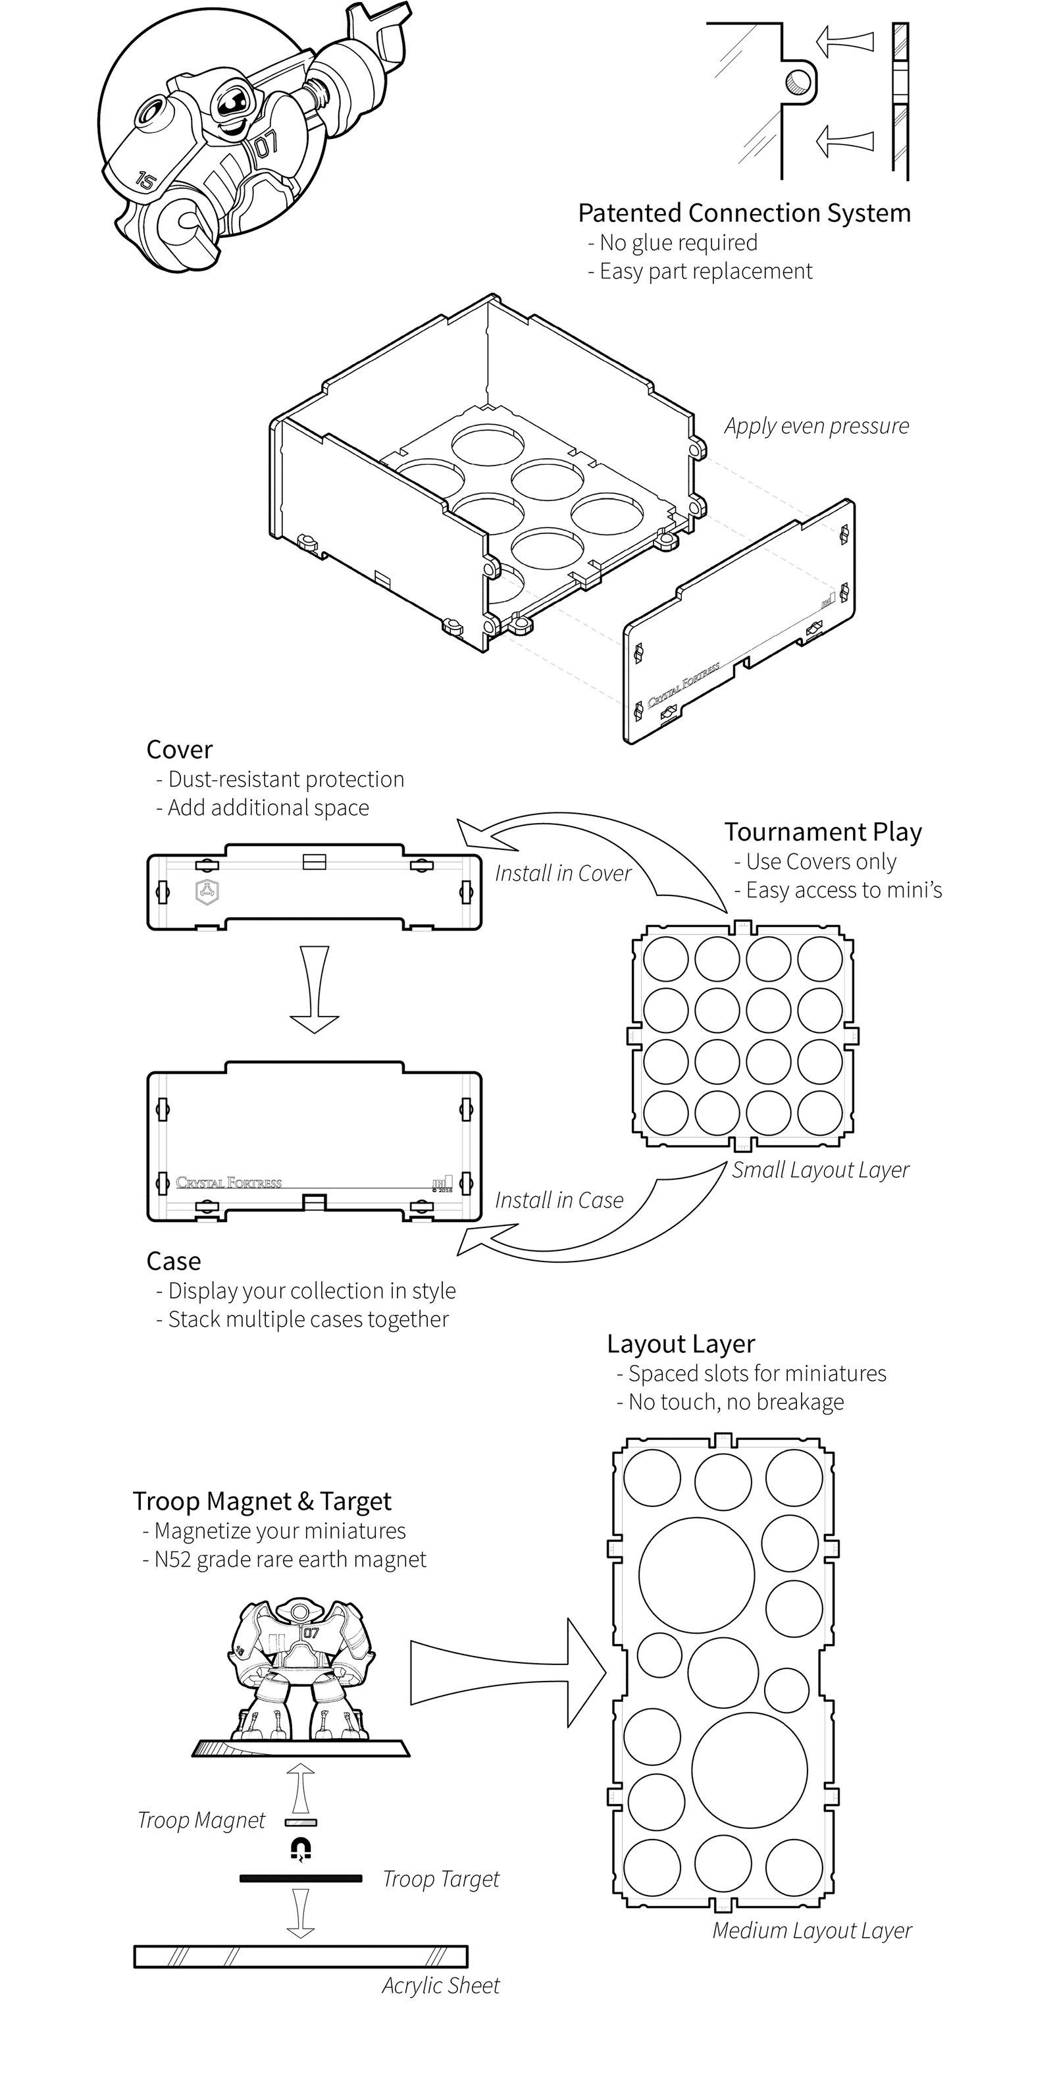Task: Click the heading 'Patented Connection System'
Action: [744, 213]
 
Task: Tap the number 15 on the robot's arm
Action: [144, 180]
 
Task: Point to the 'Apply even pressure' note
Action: [815, 426]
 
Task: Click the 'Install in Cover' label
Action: [563, 874]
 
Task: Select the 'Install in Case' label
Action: [559, 1200]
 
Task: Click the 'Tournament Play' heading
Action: [823, 832]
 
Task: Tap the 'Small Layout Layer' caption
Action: [819, 1170]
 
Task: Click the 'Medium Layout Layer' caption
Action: [811, 1930]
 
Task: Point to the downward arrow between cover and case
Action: [315, 990]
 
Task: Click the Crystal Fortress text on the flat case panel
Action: [230, 1183]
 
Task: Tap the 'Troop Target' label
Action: [440, 1879]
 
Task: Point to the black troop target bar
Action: [301, 1879]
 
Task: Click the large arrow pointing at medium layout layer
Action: [507, 1672]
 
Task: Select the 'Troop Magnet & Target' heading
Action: [262, 1502]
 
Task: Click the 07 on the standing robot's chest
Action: [311, 1634]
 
